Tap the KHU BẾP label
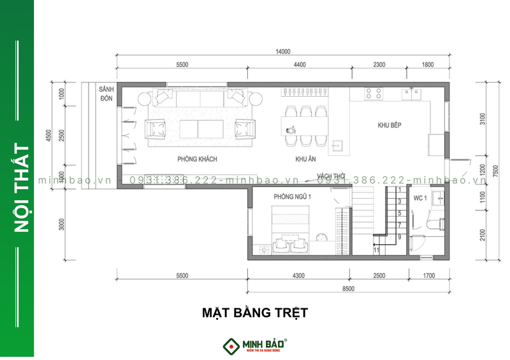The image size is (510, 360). (388, 125)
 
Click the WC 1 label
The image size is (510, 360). (419, 198)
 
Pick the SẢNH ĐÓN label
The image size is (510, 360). (106, 95)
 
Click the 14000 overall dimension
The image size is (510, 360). (282, 52)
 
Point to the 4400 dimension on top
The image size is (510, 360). (299, 64)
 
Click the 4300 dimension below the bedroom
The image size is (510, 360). (298, 276)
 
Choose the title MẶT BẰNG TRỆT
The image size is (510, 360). (255, 313)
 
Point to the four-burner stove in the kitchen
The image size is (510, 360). (374, 94)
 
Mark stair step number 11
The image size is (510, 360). (376, 250)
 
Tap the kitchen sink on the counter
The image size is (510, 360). (411, 94)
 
